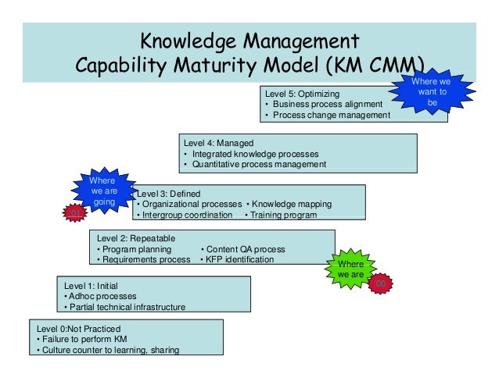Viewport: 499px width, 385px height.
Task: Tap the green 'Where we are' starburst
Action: click(x=351, y=269)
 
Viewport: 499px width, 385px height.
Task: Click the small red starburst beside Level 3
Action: click(x=75, y=212)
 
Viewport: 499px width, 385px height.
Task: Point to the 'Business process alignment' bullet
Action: click(x=324, y=105)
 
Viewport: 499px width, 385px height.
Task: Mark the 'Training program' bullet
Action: click(x=281, y=215)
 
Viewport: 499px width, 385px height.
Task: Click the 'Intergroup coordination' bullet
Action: click(x=185, y=215)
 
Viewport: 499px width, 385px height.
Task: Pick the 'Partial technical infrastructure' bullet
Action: click(x=124, y=308)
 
